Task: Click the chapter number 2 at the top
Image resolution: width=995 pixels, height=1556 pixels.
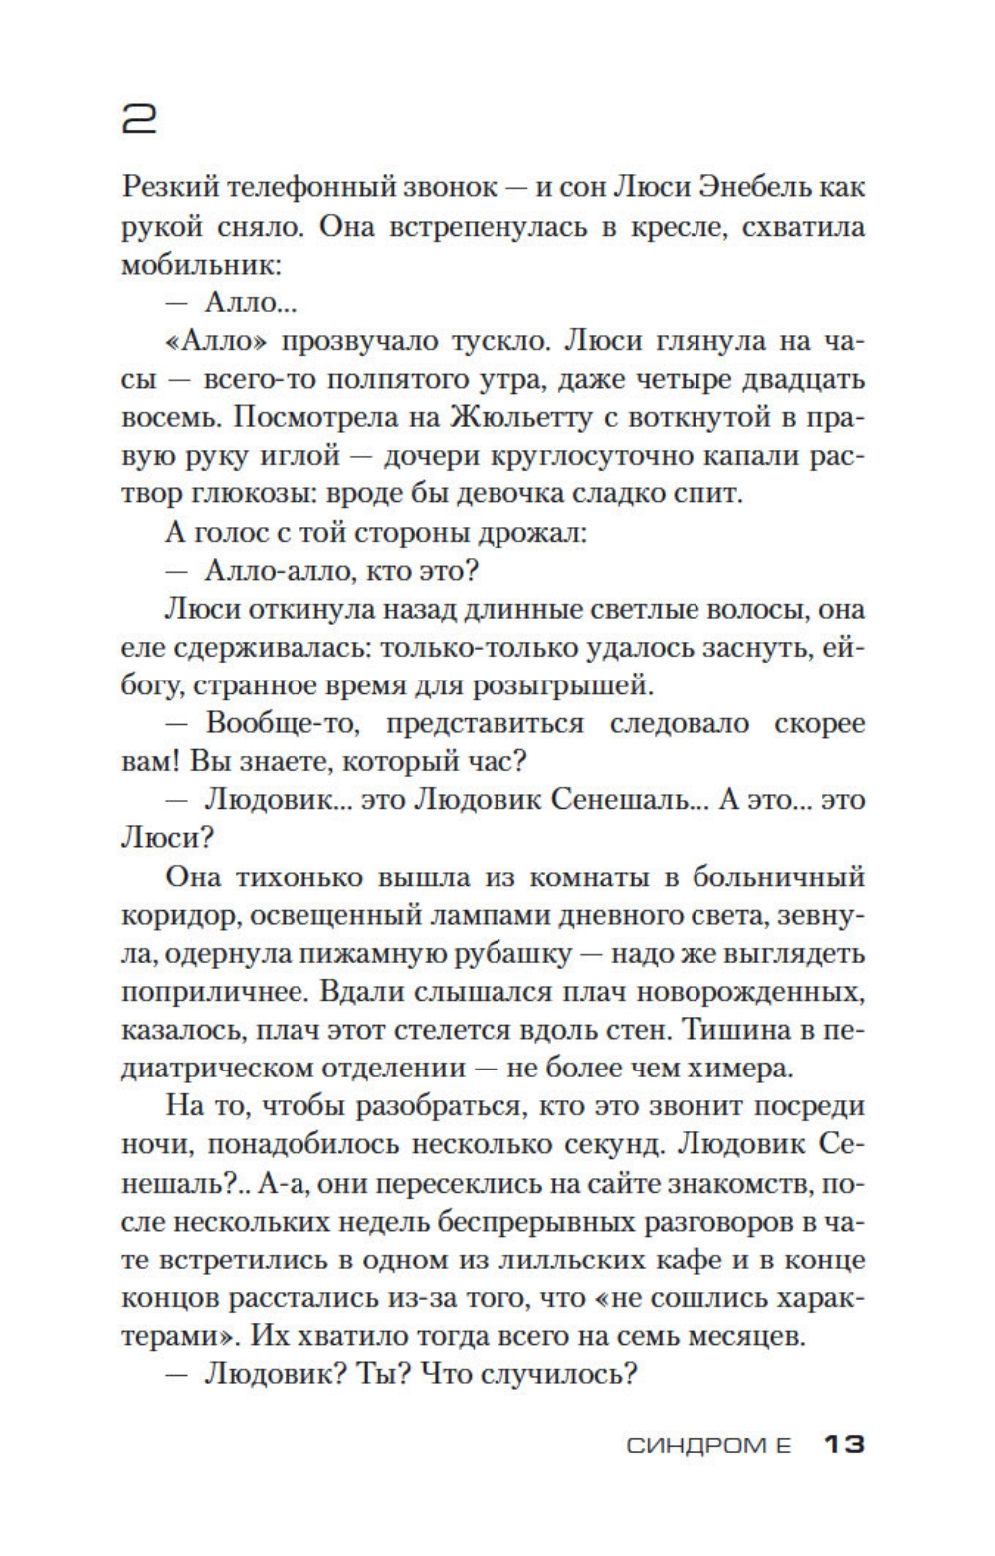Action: pyautogui.click(x=139, y=119)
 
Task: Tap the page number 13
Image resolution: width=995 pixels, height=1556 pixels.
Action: pyautogui.click(x=844, y=1444)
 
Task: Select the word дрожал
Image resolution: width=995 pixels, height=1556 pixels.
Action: pyautogui.click(x=540, y=533)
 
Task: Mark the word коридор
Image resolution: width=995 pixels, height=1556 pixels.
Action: pyautogui.click(x=180, y=915)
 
